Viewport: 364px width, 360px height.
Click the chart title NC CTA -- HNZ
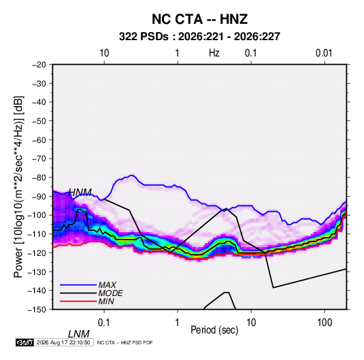tap(199, 19)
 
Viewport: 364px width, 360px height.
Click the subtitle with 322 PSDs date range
tap(199, 37)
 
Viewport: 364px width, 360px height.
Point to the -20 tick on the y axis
tap(39, 65)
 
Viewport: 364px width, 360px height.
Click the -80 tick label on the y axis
tap(39, 178)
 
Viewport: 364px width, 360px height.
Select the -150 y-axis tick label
tap(37, 310)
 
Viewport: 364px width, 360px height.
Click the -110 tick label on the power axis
tap(37, 234)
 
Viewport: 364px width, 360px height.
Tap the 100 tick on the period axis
tap(325, 323)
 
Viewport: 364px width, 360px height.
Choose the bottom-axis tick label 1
tap(178, 323)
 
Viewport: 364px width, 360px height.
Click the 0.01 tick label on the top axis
tap(324, 53)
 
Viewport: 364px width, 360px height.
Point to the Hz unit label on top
tap(214, 53)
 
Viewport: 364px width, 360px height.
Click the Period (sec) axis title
tap(214, 330)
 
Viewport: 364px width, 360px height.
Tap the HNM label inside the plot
tap(80, 193)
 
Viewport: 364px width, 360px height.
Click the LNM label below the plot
tap(79, 334)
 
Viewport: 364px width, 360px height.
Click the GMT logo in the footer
tap(25, 342)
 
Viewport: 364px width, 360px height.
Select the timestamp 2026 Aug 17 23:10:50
tap(63, 342)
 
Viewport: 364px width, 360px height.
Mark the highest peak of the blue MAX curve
tap(132, 176)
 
